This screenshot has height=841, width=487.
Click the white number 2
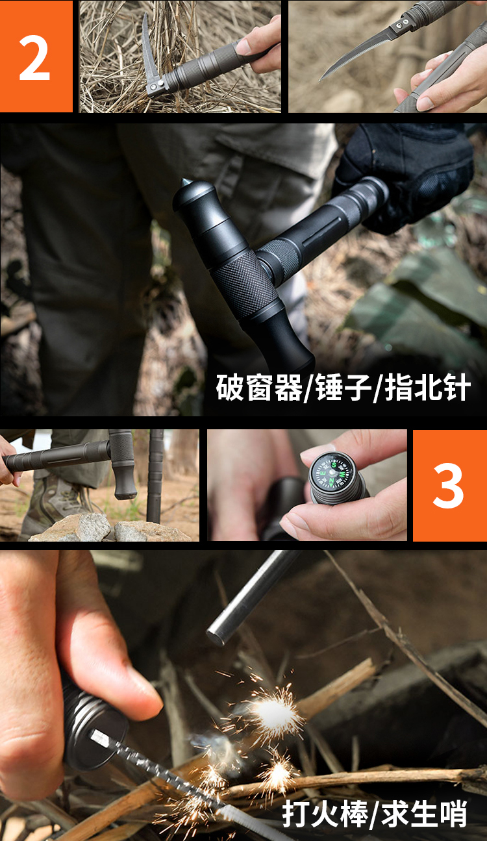(34, 58)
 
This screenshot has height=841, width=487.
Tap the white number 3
(449, 486)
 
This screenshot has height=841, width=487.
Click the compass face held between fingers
(332, 471)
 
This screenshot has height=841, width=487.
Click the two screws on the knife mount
(401, 24)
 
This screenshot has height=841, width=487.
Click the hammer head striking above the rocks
(123, 464)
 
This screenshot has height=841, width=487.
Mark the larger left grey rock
(71, 527)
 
